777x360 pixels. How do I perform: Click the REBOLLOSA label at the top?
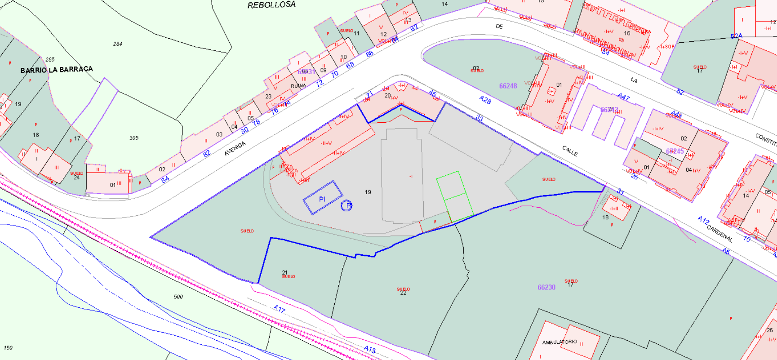(x=271, y=5)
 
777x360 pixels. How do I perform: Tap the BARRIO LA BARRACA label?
(x=57, y=70)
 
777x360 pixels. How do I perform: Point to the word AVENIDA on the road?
(x=235, y=148)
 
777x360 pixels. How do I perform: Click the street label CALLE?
(x=570, y=151)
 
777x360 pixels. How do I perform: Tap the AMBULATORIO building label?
(x=559, y=342)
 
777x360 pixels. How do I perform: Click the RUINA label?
(x=298, y=86)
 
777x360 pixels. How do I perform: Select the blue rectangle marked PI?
(x=323, y=198)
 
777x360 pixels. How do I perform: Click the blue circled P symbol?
(x=346, y=206)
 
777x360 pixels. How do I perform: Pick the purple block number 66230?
(x=546, y=287)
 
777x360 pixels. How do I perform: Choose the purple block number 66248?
(x=508, y=86)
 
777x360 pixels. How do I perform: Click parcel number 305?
(x=134, y=138)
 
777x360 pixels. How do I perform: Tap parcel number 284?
(x=118, y=44)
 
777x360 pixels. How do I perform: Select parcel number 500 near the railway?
(x=178, y=297)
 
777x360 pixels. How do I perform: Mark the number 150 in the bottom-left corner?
(x=8, y=348)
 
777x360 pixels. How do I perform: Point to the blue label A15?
(x=369, y=349)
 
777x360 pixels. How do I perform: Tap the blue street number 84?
(x=165, y=179)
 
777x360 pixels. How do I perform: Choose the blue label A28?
(x=485, y=100)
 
